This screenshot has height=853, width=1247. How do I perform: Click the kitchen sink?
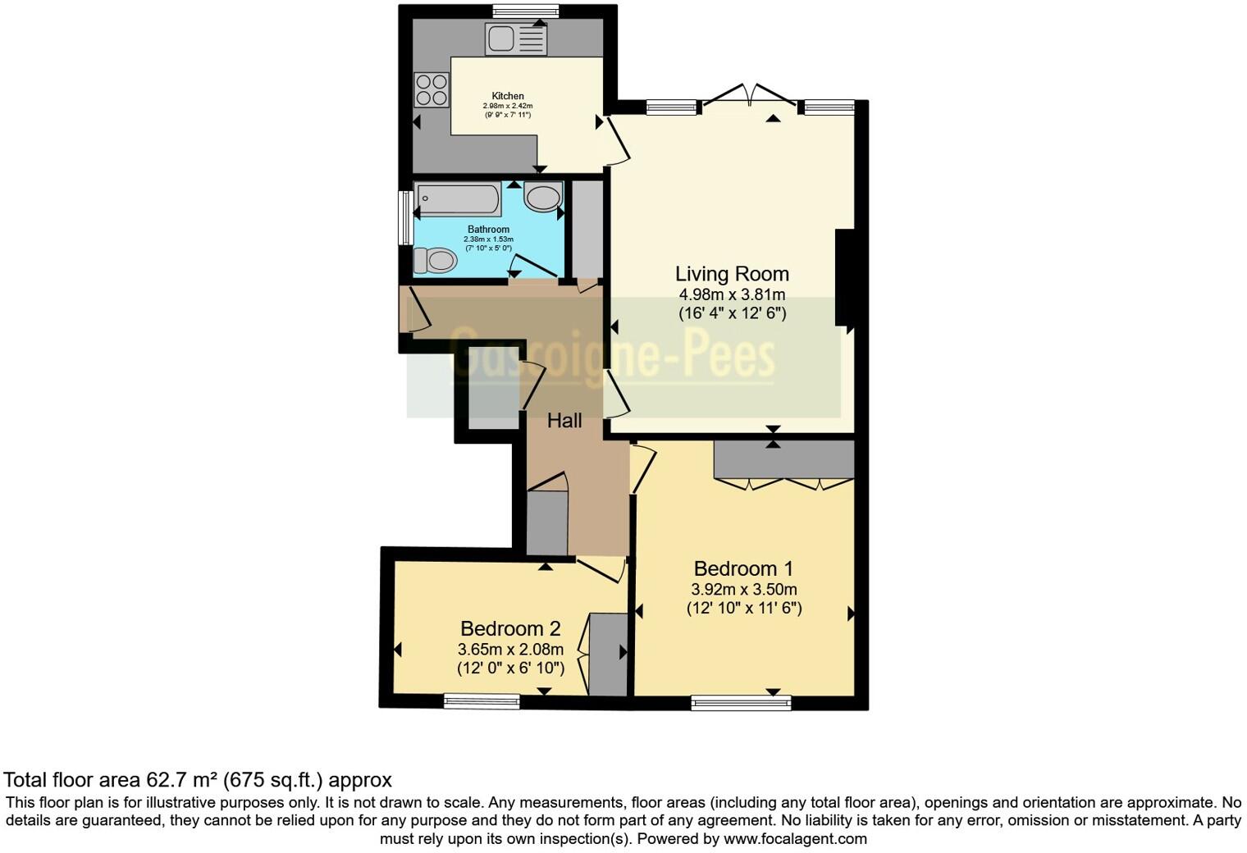tap(515, 39)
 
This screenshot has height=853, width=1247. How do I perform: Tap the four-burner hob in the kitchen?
tap(432, 89)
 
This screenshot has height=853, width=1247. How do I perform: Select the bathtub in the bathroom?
tap(458, 198)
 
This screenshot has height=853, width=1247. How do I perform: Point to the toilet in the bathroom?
tap(435, 261)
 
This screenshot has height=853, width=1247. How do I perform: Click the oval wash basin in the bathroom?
tap(542, 198)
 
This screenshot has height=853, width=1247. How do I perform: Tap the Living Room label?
tap(732, 274)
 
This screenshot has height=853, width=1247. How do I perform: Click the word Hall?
tap(564, 421)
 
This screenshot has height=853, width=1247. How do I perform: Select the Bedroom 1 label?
tap(743, 568)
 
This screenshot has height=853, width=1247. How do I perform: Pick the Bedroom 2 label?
tap(510, 628)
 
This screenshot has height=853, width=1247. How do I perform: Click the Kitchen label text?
tap(508, 96)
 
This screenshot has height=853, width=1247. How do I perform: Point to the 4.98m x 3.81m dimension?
tap(732, 295)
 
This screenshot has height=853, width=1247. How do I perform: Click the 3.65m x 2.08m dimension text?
tap(510, 649)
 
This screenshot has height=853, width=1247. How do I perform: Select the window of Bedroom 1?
tap(741, 702)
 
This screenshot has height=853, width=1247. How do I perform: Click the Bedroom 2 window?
tap(482, 701)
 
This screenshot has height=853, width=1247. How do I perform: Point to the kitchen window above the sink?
tap(526, 11)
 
